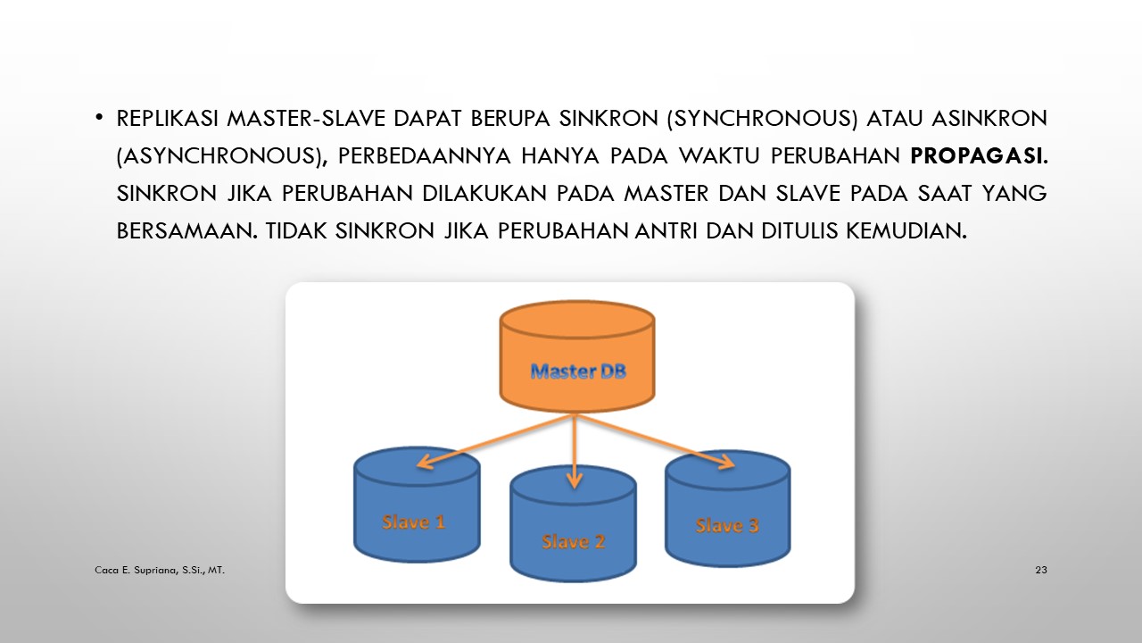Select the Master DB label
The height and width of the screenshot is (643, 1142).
coord(578,371)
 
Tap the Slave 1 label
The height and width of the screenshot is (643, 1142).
coord(413,522)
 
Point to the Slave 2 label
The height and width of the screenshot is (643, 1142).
coord(573,541)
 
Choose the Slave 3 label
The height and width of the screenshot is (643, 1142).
coord(727,525)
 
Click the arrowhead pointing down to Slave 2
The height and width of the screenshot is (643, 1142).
coord(574,480)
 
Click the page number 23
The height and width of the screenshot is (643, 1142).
coord(1040,569)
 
